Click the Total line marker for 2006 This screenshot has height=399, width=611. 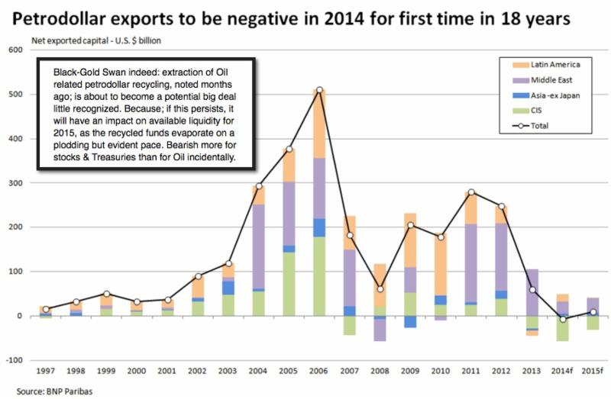pyautogui.click(x=319, y=90)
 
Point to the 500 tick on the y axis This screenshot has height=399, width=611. pyautogui.click(x=16, y=95)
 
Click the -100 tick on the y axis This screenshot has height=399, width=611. pyautogui.click(x=15, y=359)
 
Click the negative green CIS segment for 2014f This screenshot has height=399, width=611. pyautogui.click(x=562, y=330)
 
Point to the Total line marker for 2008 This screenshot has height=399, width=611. pyautogui.click(x=380, y=289)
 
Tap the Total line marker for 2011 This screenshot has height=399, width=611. pyautogui.click(x=471, y=192)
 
